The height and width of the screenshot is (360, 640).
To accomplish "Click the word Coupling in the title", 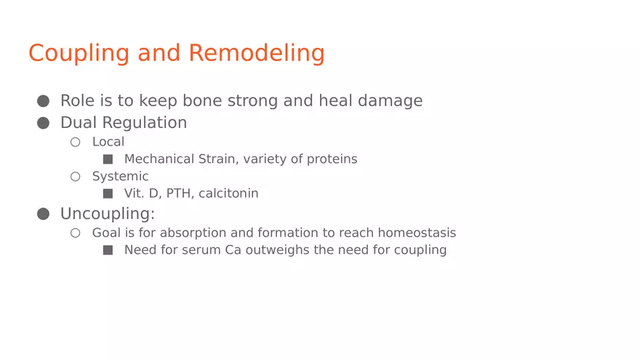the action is pyautogui.click(x=79, y=54).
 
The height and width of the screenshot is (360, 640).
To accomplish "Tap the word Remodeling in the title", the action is pyautogui.click(x=257, y=54).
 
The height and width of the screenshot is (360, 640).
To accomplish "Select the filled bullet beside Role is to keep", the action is pyautogui.click(x=43, y=101).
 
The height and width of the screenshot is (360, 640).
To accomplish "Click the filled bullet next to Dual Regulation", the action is pyautogui.click(x=43, y=123).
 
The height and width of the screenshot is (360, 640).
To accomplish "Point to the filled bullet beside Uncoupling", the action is pyautogui.click(x=43, y=214).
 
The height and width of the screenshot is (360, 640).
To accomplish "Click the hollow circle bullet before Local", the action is pyautogui.click(x=75, y=142).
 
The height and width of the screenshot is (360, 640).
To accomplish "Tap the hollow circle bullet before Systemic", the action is pyautogui.click(x=75, y=176).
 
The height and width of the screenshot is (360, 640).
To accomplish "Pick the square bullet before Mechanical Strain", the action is pyautogui.click(x=108, y=159).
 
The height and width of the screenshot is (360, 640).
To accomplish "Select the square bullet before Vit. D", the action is pyautogui.click(x=108, y=193).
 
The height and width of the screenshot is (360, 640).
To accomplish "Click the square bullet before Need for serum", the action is pyautogui.click(x=108, y=249).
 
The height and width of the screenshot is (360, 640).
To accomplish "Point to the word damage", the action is pyautogui.click(x=391, y=101).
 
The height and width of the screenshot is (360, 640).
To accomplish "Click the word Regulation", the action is pyautogui.click(x=145, y=123).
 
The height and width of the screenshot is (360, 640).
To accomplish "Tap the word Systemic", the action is pyautogui.click(x=121, y=177).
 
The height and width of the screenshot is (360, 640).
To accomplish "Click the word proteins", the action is pyautogui.click(x=332, y=159).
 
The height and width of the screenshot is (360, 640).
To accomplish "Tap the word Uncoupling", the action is pyautogui.click(x=108, y=215).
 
